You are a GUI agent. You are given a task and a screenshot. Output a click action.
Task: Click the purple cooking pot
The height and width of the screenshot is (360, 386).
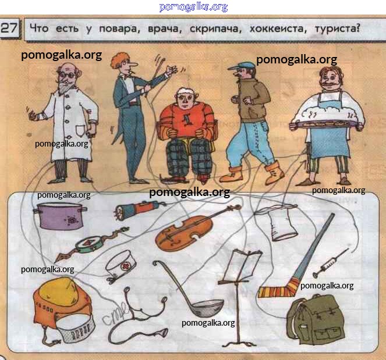(x=61, y=216)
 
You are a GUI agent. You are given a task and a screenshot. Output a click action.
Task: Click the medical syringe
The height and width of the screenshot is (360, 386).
(x=330, y=263)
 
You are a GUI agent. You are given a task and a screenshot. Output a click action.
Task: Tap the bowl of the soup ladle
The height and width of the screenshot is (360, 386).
(x=208, y=308)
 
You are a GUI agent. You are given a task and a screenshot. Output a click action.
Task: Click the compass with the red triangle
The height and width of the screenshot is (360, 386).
(x=89, y=245)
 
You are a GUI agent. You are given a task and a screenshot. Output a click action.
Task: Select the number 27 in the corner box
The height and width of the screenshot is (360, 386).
(x=9, y=28)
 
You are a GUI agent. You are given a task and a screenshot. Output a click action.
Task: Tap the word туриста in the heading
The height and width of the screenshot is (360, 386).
(x=337, y=28)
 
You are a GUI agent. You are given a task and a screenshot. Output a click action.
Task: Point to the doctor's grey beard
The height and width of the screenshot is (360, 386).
(x=65, y=86)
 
